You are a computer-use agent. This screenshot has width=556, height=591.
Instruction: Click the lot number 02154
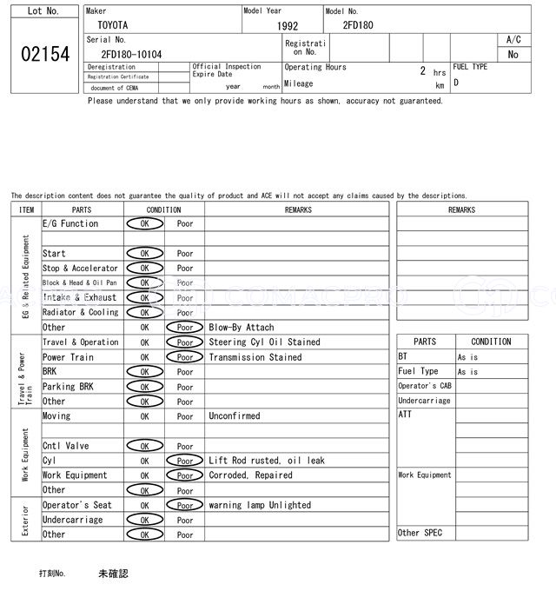(45, 54)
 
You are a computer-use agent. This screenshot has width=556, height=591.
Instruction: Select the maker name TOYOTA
(111, 25)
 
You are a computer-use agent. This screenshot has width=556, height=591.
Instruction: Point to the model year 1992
(288, 26)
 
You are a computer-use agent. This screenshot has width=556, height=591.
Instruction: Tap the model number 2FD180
(358, 25)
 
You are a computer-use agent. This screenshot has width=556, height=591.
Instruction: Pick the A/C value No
(513, 54)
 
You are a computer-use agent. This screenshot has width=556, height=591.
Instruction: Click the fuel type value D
(456, 83)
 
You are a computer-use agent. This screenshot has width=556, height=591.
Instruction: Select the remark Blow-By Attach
(241, 328)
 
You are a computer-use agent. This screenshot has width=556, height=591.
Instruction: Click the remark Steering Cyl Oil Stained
(264, 342)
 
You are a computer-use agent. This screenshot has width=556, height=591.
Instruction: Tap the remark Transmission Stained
(255, 357)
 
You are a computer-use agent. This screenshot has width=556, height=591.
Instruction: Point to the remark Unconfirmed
(234, 416)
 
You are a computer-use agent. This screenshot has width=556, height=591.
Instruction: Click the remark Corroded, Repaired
(250, 475)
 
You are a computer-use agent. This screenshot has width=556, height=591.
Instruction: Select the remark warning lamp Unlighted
(259, 505)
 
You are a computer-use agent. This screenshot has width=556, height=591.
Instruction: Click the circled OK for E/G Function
(144, 224)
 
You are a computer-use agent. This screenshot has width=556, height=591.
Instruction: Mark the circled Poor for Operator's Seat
(184, 505)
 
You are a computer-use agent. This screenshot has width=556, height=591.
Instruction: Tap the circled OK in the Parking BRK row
(144, 387)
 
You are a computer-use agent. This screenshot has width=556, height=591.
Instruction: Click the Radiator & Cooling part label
(80, 313)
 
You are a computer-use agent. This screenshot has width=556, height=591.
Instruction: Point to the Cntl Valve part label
(65, 446)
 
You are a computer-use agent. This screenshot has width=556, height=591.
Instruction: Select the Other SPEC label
(420, 533)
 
